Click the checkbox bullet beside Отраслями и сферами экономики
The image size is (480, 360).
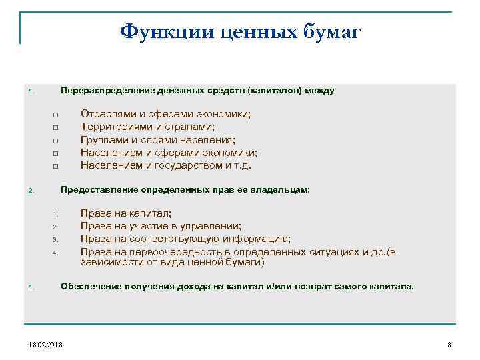tap(55, 115)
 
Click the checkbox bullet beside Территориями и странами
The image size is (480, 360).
tap(55, 128)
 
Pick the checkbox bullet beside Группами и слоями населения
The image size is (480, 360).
tap(55, 141)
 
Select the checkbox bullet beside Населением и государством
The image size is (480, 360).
tap(55, 166)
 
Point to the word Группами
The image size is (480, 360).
tap(103, 139)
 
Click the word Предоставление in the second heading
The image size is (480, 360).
tap(96, 190)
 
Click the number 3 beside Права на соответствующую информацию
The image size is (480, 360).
tap(57, 240)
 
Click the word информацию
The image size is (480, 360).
tap(260, 239)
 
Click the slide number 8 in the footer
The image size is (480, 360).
tap(449, 344)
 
